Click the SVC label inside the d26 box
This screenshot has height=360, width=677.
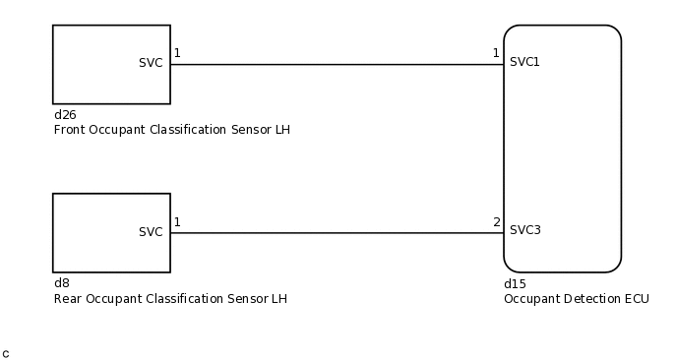click(x=151, y=63)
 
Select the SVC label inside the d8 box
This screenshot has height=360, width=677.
click(x=151, y=232)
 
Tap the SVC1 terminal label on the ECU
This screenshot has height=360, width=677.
click(x=524, y=62)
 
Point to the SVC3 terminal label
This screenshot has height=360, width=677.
click(x=524, y=230)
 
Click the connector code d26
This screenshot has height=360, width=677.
click(x=65, y=115)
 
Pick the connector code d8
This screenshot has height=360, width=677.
click(x=61, y=283)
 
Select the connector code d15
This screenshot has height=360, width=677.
click(x=515, y=284)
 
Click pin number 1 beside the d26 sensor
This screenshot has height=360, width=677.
click(x=177, y=53)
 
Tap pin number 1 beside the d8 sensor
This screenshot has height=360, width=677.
click(x=177, y=222)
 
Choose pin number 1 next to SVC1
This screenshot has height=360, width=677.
click(x=496, y=53)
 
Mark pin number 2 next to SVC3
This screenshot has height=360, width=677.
click(x=496, y=222)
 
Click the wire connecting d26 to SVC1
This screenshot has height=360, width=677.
click(x=335, y=65)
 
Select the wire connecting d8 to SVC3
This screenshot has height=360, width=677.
click(x=335, y=233)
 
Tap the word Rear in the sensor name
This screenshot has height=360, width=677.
click(x=67, y=299)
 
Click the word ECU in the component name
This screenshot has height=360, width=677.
click(x=637, y=299)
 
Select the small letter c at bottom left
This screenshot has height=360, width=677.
click(x=6, y=353)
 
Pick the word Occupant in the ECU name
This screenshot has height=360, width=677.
click(x=531, y=299)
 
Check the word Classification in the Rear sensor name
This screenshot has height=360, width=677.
click(x=192, y=299)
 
